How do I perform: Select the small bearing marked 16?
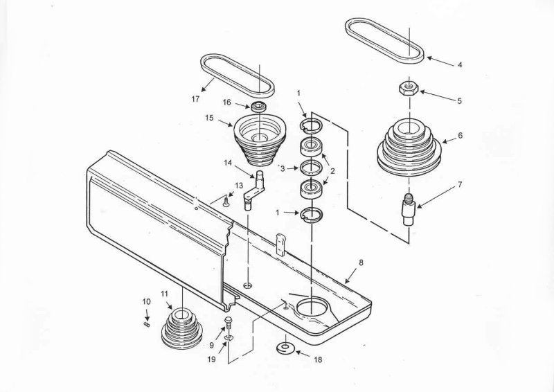click(258, 107)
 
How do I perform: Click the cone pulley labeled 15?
click(259, 139)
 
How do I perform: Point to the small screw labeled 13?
click(226, 202)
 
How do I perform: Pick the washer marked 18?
click(284, 348)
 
